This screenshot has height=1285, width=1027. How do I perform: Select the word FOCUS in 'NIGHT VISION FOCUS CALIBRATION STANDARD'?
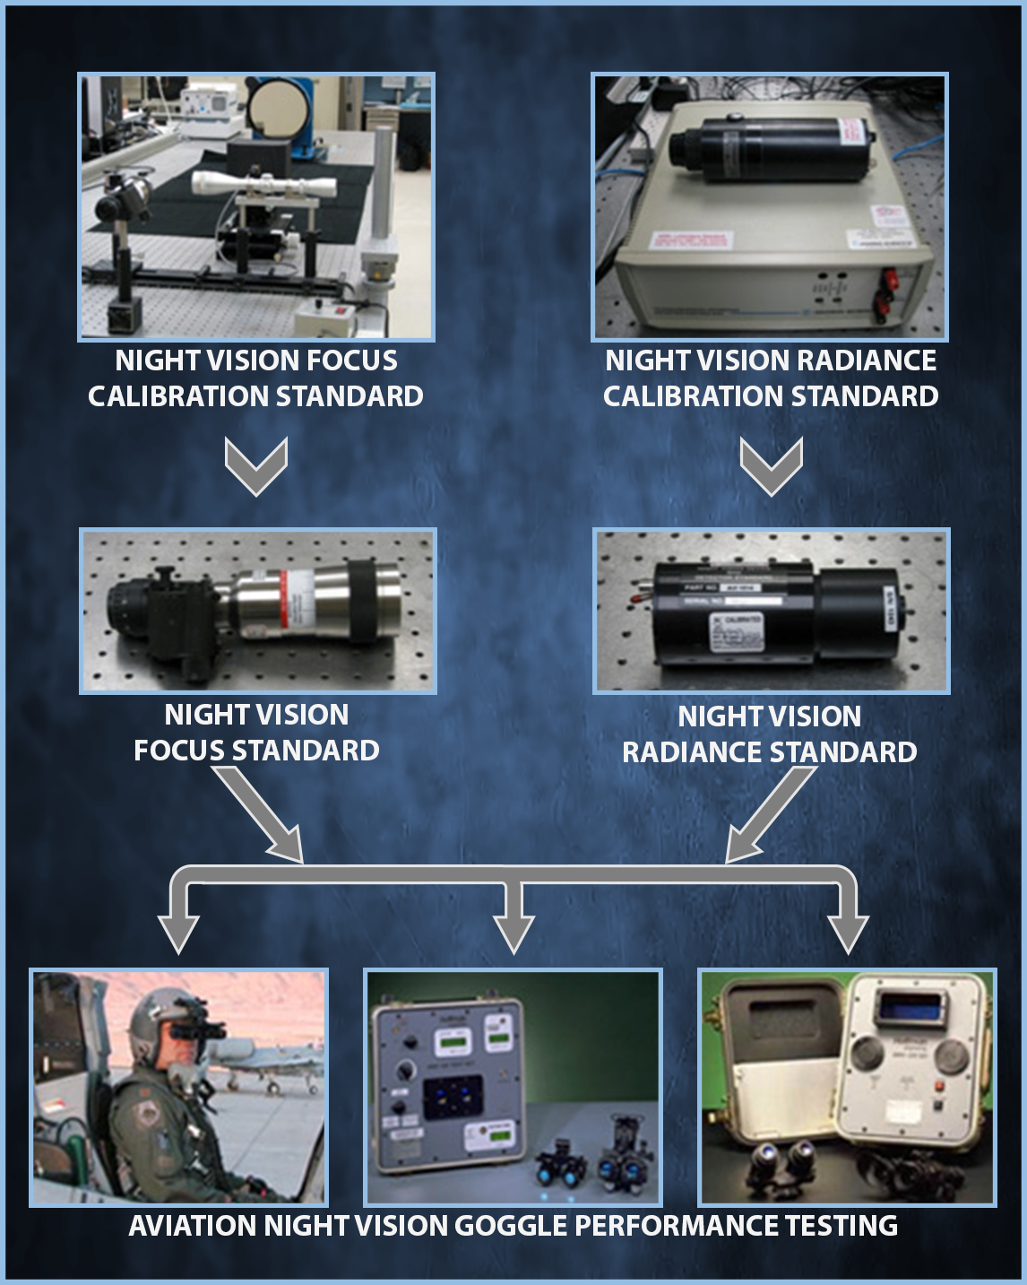(x=351, y=360)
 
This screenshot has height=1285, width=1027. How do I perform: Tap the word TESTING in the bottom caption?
(x=841, y=1226)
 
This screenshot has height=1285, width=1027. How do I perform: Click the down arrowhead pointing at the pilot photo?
(x=178, y=933)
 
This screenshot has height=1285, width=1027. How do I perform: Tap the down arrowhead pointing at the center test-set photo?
(x=513, y=933)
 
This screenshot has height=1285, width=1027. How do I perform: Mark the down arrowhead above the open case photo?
(x=848, y=933)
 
